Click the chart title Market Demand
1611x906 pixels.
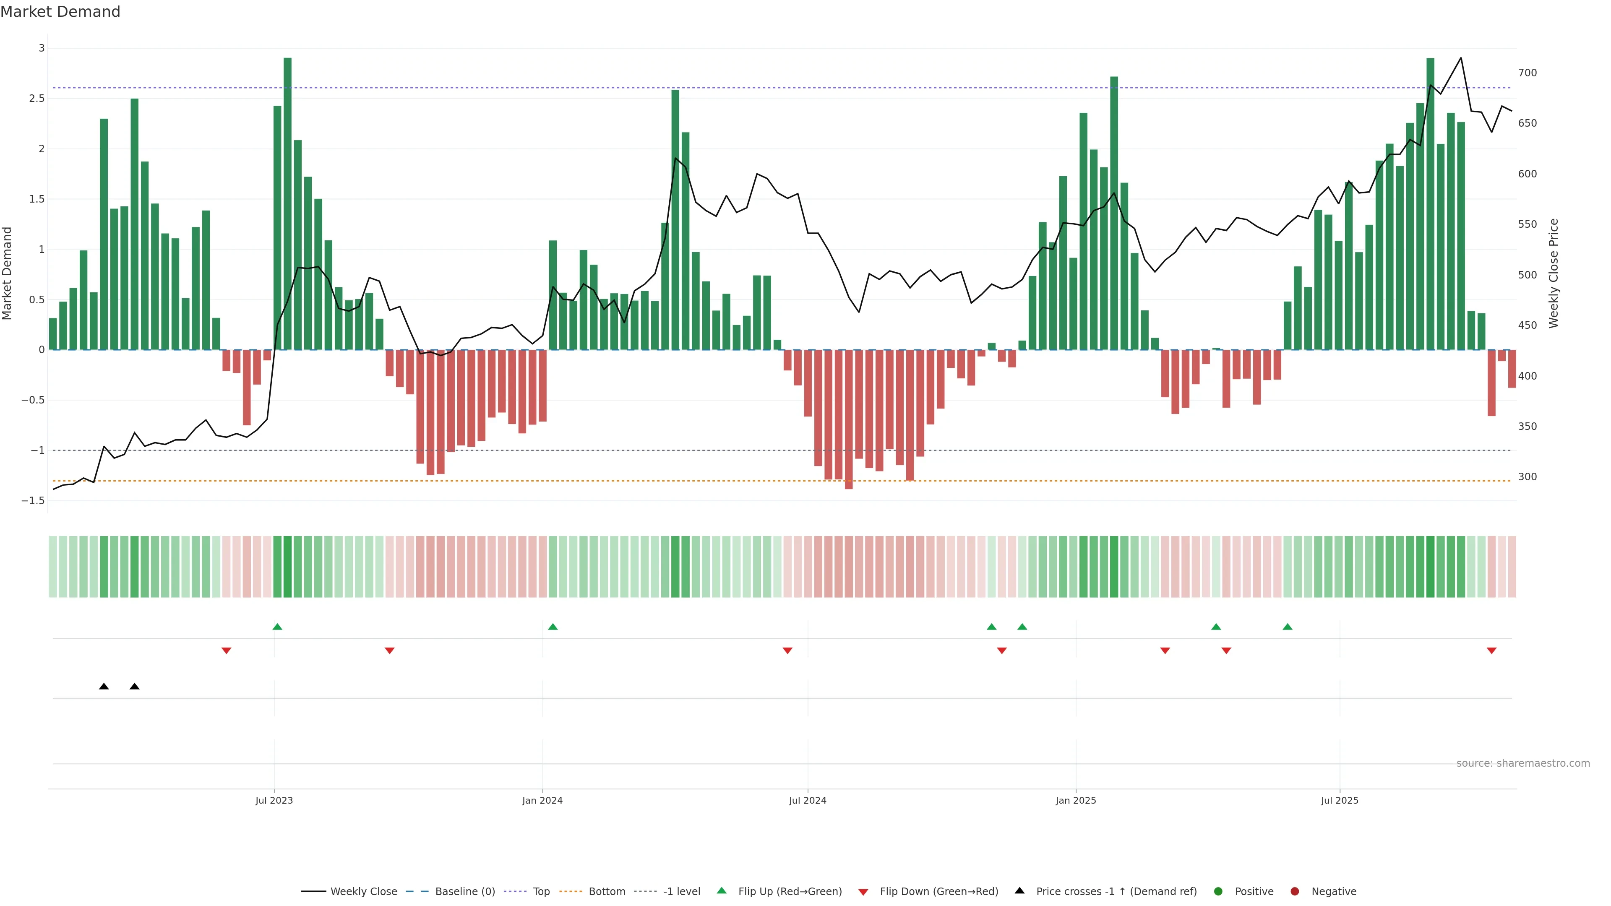tap(60, 12)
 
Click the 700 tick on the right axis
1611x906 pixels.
tap(1527, 73)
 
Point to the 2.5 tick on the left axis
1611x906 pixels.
tap(37, 99)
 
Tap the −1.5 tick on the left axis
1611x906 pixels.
tap(33, 501)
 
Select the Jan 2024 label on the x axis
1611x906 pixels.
tap(542, 800)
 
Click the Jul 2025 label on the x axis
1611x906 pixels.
tap(1340, 800)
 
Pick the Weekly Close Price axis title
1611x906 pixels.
tap(1554, 273)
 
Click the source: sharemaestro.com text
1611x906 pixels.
tap(1523, 763)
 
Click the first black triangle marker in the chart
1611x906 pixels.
tap(104, 687)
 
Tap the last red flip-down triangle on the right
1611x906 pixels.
tap(1491, 651)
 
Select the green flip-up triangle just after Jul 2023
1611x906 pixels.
tap(278, 627)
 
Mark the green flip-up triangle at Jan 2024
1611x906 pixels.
tap(553, 627)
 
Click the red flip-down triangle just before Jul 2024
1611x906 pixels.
tap(787, 651)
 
